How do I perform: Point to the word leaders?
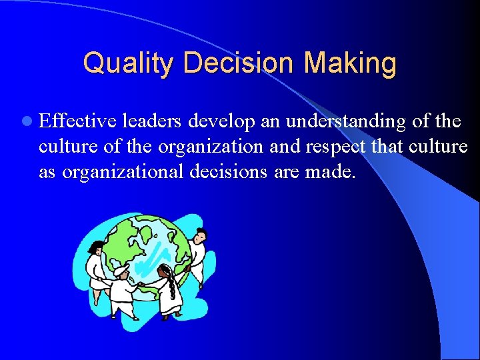point(153,121)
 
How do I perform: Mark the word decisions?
point(231,172)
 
